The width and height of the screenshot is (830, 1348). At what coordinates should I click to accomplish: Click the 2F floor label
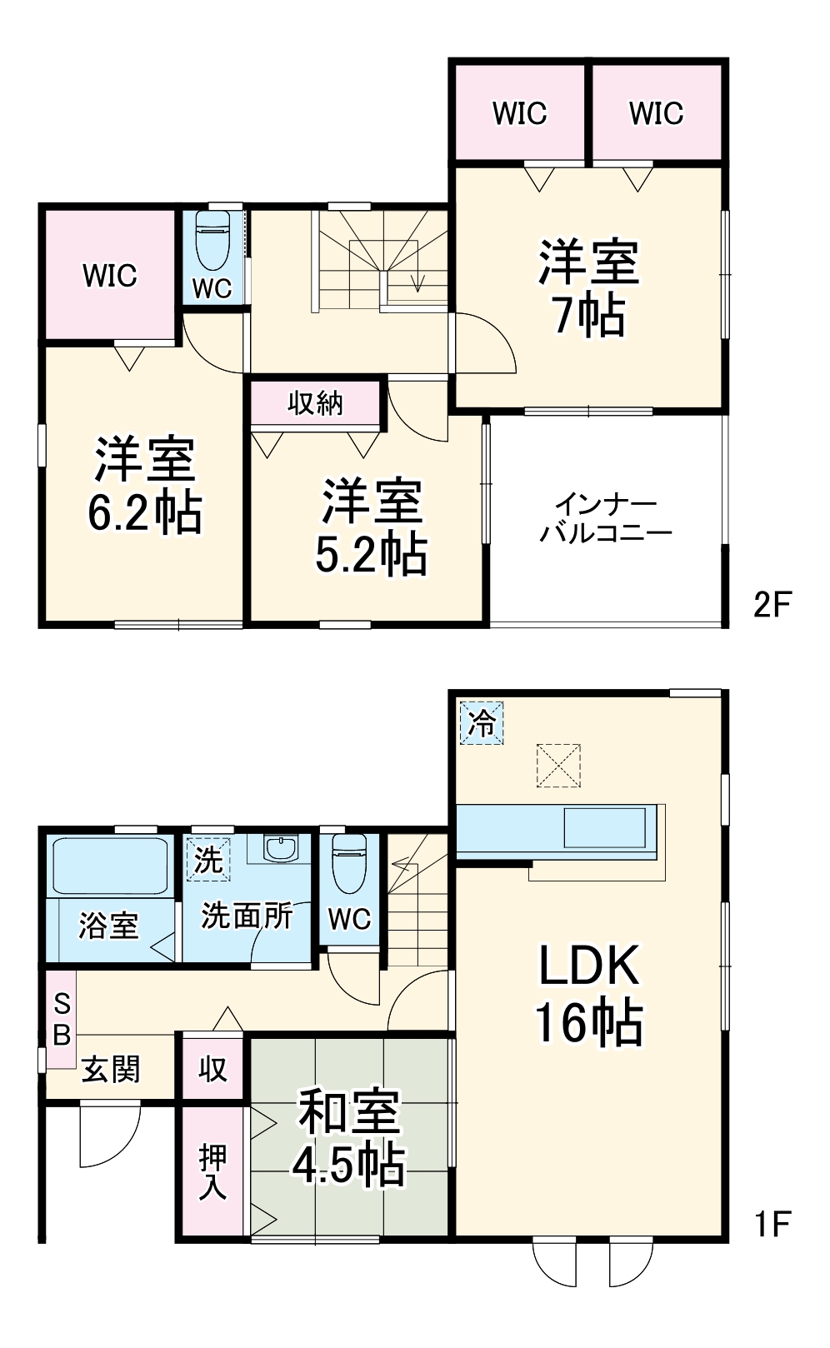point(772,604)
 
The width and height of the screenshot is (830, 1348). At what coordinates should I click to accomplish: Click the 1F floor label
point(772,1224)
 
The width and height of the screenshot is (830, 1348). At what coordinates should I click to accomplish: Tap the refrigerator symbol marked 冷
point(482,722)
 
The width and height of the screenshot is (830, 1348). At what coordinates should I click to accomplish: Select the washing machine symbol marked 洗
point(207,859)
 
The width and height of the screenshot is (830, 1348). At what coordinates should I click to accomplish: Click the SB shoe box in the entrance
point(61,1019)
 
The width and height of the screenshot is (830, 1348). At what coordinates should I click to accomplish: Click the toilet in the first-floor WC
point(349,862)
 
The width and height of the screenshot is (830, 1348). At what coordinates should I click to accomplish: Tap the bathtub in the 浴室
point(110,866)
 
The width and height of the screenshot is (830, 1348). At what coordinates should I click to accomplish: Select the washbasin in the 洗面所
point(280,849)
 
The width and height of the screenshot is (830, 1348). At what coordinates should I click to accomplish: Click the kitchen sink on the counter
point(605,828)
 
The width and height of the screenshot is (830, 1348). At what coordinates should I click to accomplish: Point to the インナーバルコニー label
point(606,518)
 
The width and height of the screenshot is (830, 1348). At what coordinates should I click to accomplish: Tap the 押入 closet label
point(212,1171)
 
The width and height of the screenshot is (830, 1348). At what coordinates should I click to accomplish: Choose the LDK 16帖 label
point(588,993)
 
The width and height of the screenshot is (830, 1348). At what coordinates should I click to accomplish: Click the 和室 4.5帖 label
point(349,1137)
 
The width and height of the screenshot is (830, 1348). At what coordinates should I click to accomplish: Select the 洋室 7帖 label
point(588,288)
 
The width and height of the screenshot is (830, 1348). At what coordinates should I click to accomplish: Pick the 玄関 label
point(110,1069)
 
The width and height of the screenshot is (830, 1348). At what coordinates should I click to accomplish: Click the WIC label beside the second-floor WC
point(110,275)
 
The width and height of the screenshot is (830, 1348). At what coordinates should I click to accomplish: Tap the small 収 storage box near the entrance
point(212,1069)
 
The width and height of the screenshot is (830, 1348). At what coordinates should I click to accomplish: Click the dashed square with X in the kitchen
point(557,766)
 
